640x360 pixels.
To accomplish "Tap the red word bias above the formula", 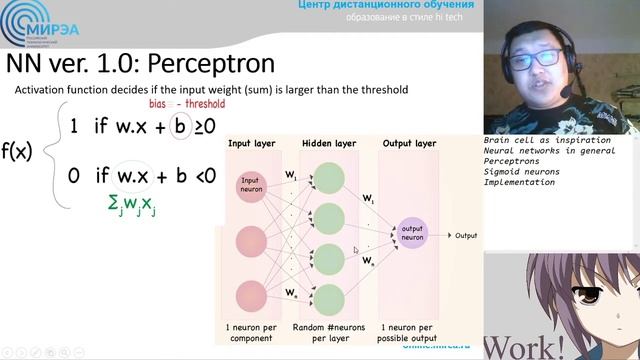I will click(157, 103).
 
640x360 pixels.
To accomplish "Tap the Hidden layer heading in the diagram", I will click(328, 144).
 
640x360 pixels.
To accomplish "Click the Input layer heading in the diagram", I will click(253, 144).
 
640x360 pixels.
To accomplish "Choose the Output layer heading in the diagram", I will click(410, 144).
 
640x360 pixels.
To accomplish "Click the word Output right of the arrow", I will click(466, 236).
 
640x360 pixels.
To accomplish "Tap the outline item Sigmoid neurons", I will click(521, 172).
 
